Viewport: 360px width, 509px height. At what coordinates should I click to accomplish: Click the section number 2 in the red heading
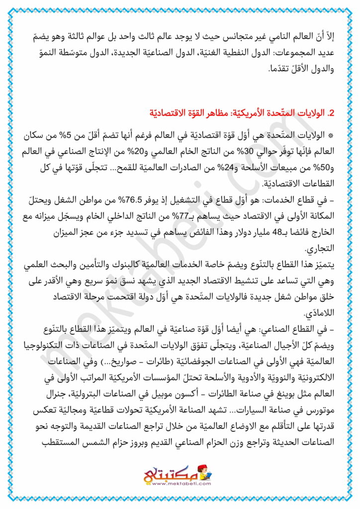click(324, 113)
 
